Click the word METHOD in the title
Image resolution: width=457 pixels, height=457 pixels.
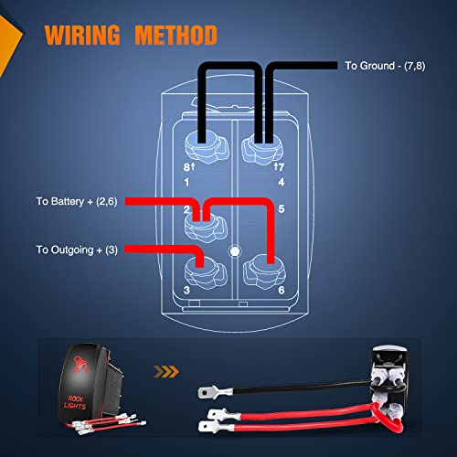click(176, 37)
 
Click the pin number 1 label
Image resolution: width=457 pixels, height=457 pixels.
click(186, 181)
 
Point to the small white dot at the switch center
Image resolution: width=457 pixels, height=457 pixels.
click(234, 249)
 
